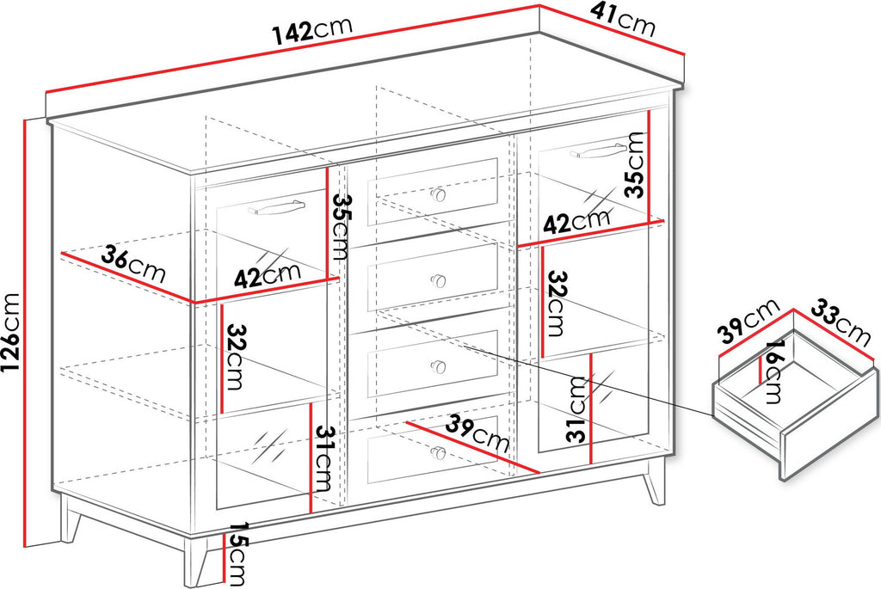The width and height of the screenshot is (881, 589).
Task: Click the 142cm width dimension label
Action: tap(312, 30)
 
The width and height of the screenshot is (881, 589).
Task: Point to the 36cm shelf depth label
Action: tap(133, 265)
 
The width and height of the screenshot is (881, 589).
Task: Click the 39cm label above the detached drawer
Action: tap(750, 320)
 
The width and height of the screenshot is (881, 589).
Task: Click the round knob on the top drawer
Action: tap(438, 195)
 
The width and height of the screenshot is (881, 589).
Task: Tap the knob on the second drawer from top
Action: tap(438, 281)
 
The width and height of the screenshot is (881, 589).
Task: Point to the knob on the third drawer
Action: tap(438, 366)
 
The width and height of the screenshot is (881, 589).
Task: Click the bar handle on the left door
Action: tap(277, 206)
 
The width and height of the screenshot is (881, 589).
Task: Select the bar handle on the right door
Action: tap(599, 150)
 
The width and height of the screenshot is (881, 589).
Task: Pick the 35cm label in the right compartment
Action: tap(636, 164)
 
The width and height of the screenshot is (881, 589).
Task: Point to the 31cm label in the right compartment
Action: tap(577, 409)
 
